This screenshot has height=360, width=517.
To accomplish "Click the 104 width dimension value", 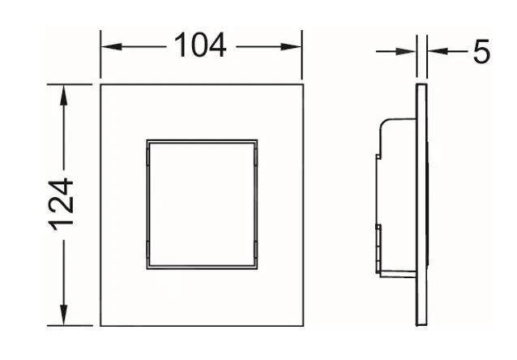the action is click(x=200, y=45).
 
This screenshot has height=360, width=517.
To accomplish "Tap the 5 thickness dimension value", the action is click(x=481, y=51).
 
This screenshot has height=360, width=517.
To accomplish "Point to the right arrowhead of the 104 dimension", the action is click(x=291, y=46).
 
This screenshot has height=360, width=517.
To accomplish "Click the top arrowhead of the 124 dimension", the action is click(x=63, y=96).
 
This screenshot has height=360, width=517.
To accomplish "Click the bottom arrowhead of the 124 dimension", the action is click(x=63, y=315).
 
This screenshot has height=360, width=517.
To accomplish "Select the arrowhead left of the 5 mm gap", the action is click(x=405, y=51).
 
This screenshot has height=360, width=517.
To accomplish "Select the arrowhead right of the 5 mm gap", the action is click(x=438, y=51).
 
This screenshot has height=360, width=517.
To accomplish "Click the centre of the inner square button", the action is click(x=202, y=204).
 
